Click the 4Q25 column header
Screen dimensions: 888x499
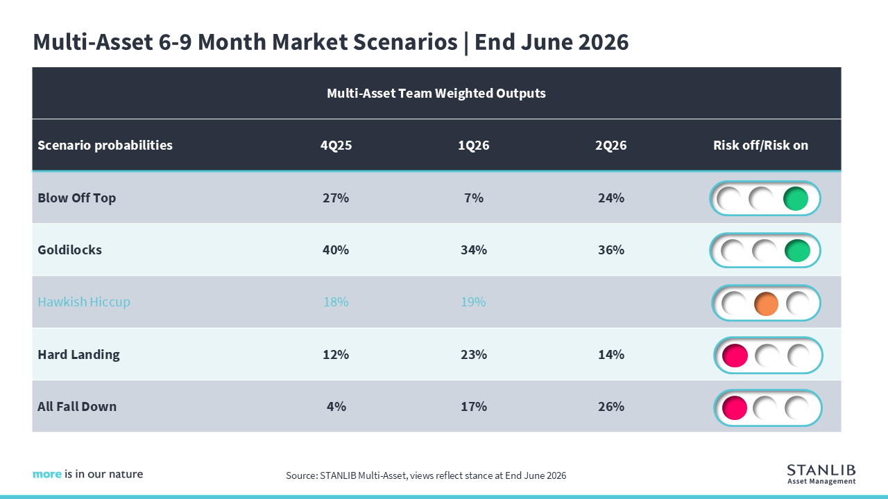coord(336,146)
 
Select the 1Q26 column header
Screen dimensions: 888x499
coord(473,146)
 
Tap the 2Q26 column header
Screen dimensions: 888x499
coord(611,146)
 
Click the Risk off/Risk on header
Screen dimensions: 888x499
coord(761,146)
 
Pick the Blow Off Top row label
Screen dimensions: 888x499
coord(76,198)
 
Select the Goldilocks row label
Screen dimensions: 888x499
coord(70,250)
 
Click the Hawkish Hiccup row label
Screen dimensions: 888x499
coord(84,302)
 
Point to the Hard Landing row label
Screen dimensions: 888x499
coord(78,354)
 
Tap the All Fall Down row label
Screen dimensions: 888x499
coord(77,406)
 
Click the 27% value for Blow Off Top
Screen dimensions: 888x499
coord(336,198)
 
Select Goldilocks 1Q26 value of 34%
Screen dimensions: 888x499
coord(473,250)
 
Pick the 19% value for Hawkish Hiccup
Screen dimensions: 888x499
coord(473,302)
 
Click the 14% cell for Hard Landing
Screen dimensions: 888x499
coord(611,354)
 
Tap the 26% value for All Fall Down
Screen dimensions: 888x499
coord(611,406)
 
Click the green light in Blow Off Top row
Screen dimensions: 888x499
coord(796,198)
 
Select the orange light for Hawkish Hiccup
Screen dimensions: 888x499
coord(766,304)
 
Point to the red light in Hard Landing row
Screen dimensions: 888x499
coord(735,356)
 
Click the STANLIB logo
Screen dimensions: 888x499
coord(821,475)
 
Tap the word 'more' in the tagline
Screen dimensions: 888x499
coord(46,474)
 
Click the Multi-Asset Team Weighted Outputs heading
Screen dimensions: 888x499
coord(436,94)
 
